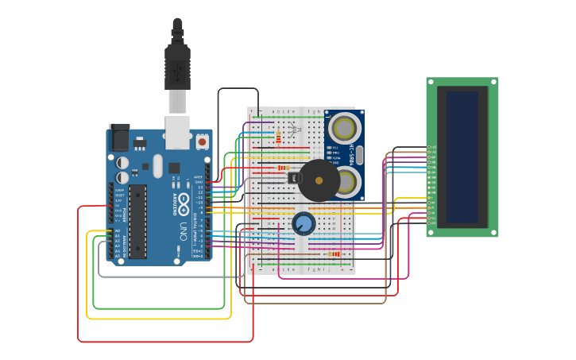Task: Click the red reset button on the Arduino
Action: (x=202, y=141)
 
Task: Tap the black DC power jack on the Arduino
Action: (x=119, y=137)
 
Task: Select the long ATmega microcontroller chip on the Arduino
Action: (x=138, y=221)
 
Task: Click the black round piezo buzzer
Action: (x=319, y=180)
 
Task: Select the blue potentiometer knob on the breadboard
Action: (x=303, y=223)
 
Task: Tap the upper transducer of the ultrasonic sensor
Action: (x=345, y=128)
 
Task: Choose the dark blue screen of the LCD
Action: (x=462, y=157)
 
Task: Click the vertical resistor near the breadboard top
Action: (x=278, y=137)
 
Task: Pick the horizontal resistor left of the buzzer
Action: (x=282, y=168)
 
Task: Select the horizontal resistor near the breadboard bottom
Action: (x=334, y=254)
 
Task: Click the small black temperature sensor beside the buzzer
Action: (x=293, y=177)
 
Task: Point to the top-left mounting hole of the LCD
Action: (x=430, y=81)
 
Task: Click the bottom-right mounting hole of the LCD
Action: (x=495, y=233)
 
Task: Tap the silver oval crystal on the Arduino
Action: (x=157, y=165)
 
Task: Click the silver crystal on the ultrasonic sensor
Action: (x=359, y=156)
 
